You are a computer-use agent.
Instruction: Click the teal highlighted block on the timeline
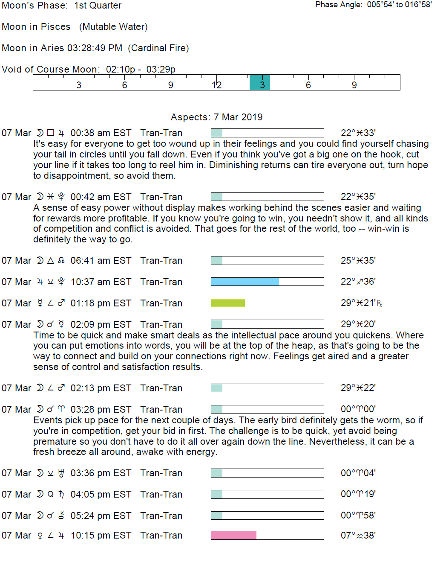259,82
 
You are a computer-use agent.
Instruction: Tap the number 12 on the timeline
216,85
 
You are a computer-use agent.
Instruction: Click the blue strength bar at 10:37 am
245,282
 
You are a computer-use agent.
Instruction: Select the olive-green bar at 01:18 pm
228,303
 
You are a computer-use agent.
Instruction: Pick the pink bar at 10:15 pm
233,535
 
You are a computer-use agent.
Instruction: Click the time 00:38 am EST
101,133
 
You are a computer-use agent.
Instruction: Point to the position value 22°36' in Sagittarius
358,282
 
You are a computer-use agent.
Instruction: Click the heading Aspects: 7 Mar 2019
216,117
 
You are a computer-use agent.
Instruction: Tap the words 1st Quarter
98,6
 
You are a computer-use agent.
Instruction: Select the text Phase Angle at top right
339,5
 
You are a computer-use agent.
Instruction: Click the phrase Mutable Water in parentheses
113,27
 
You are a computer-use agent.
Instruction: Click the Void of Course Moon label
51,70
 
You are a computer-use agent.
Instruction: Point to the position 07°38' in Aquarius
358,535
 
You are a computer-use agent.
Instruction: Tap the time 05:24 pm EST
101,515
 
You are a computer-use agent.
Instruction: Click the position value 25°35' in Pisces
358,261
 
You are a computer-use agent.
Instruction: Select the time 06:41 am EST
101,261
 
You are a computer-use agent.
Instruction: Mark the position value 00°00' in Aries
358,409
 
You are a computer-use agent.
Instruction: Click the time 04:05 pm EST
101,494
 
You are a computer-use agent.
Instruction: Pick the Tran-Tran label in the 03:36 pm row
161,473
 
